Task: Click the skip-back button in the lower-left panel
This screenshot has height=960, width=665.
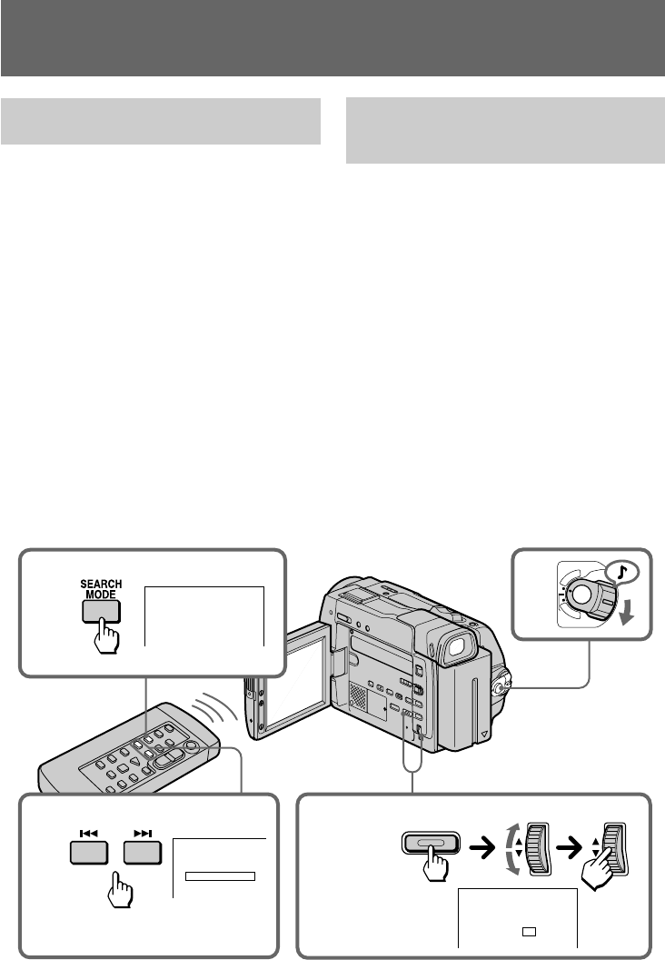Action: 88,854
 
